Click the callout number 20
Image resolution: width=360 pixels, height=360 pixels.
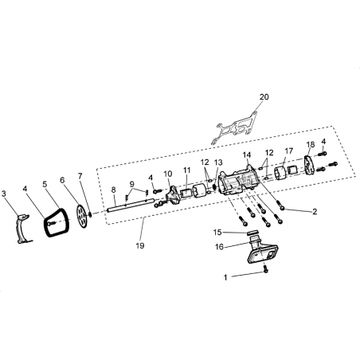point(264,97)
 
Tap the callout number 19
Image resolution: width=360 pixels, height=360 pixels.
point(140,245)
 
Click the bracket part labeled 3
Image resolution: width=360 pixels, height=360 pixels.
point(23,228)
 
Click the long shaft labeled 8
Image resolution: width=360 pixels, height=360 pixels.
point(131,206)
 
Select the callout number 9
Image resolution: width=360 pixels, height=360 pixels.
point(132,184)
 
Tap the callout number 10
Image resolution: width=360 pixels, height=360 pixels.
point(168,174)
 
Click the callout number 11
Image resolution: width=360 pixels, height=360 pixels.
point(187,170)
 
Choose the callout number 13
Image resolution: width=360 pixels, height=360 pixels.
point(218,162)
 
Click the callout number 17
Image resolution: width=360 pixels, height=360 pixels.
point(288,151)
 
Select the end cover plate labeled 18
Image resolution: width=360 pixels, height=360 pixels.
point(308,165)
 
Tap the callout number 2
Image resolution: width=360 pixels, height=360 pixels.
point(315,212)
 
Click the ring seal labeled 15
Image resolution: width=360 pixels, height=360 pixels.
point(252,233)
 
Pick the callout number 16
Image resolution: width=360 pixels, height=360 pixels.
point(219,247)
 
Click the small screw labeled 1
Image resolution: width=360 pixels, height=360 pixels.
point(265,269)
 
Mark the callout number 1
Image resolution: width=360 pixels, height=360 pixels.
point(225,278)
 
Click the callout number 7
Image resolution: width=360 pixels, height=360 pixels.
point(80,175)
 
